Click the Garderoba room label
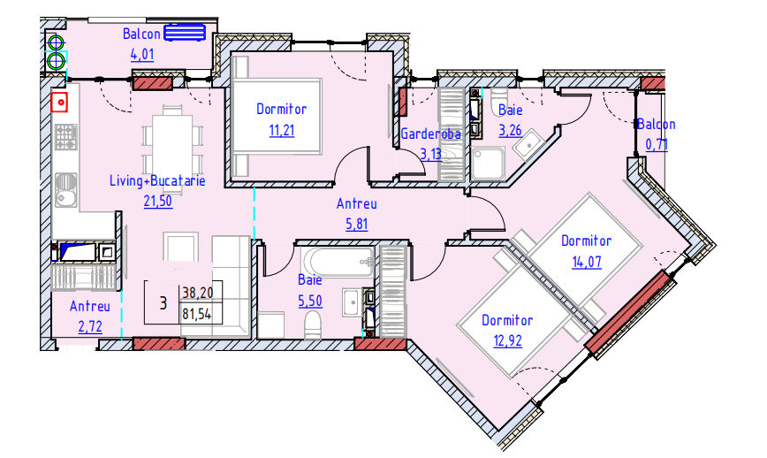(x=430, y=134)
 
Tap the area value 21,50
(x=157, y=201)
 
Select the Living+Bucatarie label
(x=157, y=180)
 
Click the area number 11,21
(x=282, y=130)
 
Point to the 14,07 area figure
(x=587, y=262)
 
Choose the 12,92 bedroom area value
(x=507, y=340)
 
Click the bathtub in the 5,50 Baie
(x=337, y=262)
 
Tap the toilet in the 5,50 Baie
(x=312, y=325)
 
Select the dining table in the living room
(x=171, y=141)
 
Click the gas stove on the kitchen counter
(x=65, y=137)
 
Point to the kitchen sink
(x=65, y=190)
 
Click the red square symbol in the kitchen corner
(x=59, y=103)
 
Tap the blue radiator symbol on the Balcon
(x=185, y=33)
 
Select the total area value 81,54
(x=197, y=313)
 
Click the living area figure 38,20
(x=197, y=293)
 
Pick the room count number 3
(x=163, y=303)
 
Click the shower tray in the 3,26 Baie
(x=487, y=164)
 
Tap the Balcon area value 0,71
(x=656, y=145)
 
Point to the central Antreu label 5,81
(x=356, y=224)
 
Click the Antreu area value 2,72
(x=90, y=326)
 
